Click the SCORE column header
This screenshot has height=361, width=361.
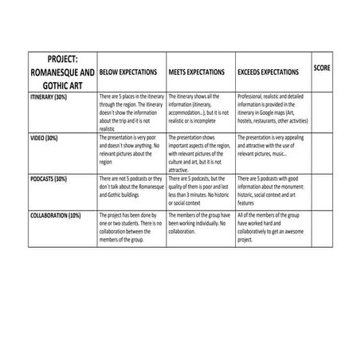click(x=322, y=68)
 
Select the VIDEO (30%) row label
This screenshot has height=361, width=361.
click(x=41, y=138)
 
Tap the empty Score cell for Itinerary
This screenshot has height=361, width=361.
click(x=322, y=112)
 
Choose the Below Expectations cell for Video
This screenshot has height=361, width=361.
click(x=131, y=148)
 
